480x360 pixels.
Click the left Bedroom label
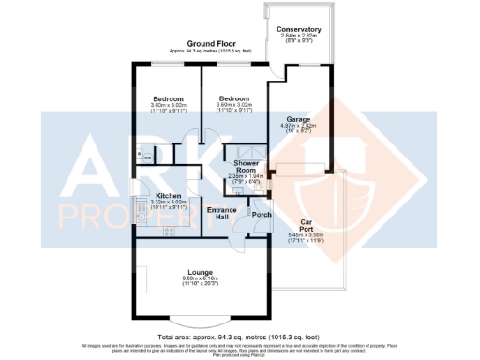pos(170,98)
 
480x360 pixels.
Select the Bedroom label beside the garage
pos(233,98)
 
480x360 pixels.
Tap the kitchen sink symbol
pos(139,217)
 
